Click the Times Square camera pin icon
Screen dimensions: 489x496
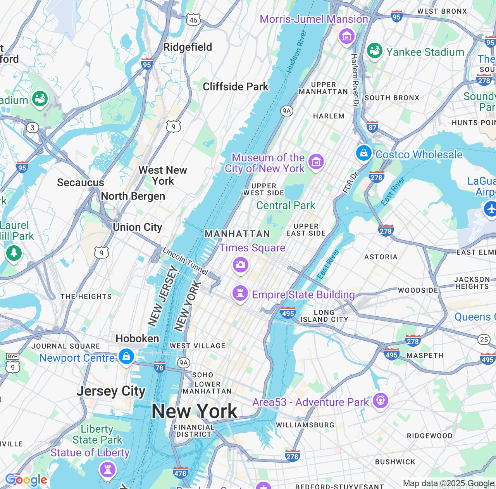tap(240, 265)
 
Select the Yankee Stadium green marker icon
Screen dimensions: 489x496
tap(374, 50)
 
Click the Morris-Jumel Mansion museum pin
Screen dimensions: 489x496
tap(347, 36)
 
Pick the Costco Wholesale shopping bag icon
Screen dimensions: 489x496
tap(364, 153)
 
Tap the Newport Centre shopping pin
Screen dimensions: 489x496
tap(126, 356)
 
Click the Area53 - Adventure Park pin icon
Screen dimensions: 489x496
tap(380, 400)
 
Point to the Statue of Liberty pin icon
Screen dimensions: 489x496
tap(107, 470)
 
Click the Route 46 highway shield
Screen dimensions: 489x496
tap(193, 20)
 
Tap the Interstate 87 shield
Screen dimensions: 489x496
tap(372, 127)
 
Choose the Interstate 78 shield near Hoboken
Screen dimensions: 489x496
tap(159, 367)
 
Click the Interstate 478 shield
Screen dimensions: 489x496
tap(181, 473)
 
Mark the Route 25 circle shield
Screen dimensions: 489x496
tap(484, 340)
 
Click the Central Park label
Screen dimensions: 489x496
tap(286, 205)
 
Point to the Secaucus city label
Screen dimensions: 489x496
tap(81, 182)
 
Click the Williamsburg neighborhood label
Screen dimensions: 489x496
tap(305, 425)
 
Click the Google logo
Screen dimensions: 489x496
tap(26, 480)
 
